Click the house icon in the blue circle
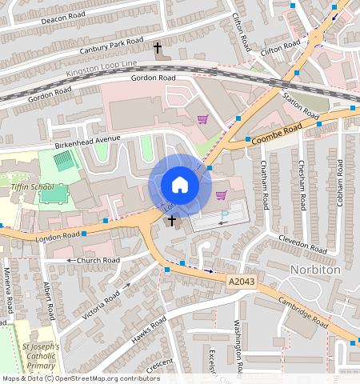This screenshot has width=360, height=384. tap(180, 186)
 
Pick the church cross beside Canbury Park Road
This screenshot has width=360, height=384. tap(158, 49)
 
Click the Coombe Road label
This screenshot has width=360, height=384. tap(277, 134)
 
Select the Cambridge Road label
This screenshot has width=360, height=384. tap(304, 313)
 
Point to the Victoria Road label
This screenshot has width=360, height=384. tap(101, 304)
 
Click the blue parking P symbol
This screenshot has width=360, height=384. tap(225, 214)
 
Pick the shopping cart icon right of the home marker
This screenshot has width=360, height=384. tap(222, 195)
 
